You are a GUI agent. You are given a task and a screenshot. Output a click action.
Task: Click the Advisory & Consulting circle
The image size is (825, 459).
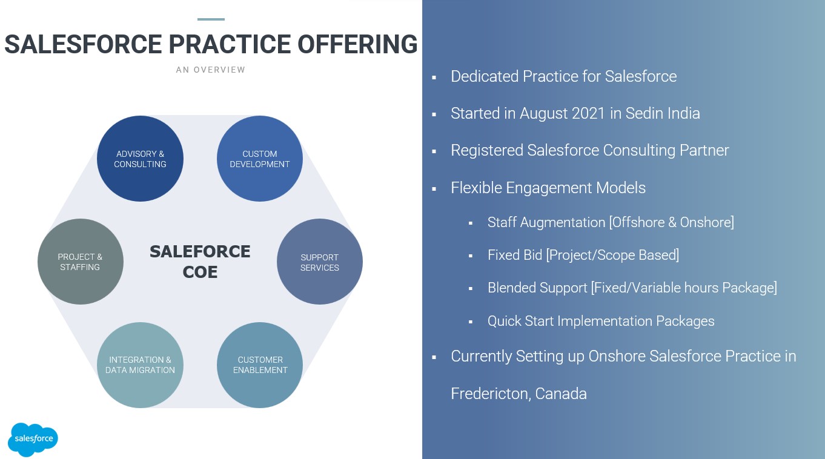point(140,159)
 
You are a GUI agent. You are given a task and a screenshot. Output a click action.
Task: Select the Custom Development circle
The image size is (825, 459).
point(260,159)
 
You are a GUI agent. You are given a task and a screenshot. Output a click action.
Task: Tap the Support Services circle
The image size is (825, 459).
point(320,262)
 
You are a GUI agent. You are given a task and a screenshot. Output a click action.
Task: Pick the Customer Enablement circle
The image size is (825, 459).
point(260,365)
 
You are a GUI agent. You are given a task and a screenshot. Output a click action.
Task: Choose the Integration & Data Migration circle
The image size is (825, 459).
point(140,365)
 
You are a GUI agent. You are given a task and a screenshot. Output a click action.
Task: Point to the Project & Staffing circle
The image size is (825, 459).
point(80,262)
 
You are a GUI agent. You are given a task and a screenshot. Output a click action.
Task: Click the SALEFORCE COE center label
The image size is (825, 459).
point(200,262)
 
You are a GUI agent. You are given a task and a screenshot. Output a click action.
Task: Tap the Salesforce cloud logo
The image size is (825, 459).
point(33,439)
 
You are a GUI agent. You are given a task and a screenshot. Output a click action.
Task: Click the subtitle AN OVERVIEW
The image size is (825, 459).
point(211,70)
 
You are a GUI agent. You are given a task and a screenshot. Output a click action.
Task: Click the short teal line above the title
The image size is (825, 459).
point(211,19)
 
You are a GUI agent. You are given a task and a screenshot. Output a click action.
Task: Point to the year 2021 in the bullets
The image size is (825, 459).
point(585,113)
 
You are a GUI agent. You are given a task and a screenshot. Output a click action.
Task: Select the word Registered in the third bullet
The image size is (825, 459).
point(486,150)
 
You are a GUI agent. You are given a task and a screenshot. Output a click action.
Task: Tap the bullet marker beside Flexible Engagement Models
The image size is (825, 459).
point(434,189)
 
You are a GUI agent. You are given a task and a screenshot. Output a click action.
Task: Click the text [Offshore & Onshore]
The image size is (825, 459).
point(672,222)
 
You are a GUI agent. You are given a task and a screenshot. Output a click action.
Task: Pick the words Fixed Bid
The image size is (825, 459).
point(514,255)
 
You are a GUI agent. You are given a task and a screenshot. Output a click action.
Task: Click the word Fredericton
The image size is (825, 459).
point(491,394)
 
